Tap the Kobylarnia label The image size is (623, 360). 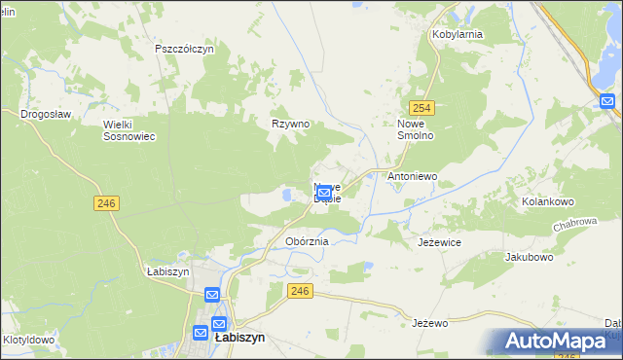458,34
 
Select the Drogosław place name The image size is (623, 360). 46,114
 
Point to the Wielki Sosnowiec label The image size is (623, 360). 129,130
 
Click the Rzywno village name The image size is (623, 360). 289,124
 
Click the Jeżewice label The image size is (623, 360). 439,240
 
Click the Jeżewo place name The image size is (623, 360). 428,322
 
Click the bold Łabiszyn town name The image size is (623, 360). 238,338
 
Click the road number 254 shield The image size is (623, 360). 421,108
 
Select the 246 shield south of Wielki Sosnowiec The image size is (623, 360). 107,202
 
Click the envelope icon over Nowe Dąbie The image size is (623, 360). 324,194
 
